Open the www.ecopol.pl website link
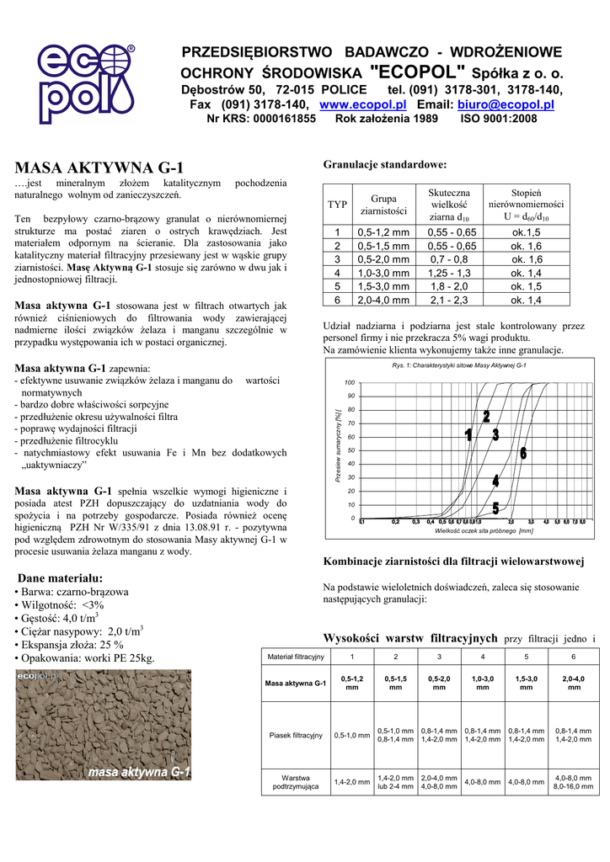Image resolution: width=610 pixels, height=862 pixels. pyautogui.click(x=363, y=104)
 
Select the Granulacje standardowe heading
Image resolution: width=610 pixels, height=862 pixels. pyautogui.click(x=384, y=164)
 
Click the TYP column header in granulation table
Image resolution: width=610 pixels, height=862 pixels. pyautogui.click(x=337, y=205)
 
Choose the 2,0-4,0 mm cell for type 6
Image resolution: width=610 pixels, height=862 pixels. pyautogui.click(x=383, y=300)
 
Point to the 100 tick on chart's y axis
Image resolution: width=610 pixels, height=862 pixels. pyautogui.click(x=350, y=382)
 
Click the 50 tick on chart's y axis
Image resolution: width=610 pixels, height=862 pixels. pyautogui.click(x=350, y=450)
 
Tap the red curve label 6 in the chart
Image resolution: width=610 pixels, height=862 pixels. pyautogui.click(x=523, y=454)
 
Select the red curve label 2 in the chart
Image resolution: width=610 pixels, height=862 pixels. pyautogui.click(x=486, y=418)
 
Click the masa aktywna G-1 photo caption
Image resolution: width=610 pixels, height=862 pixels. pyautogui.click(x=139, y=771)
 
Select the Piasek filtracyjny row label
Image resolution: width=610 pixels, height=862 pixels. pyautogui.click(x=295, y=735)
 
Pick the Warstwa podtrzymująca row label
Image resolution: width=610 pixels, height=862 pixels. pyautogui.click(x=295, y=782)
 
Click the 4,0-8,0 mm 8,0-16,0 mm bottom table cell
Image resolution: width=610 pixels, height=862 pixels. pyautogui.click(x=573, y=782)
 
